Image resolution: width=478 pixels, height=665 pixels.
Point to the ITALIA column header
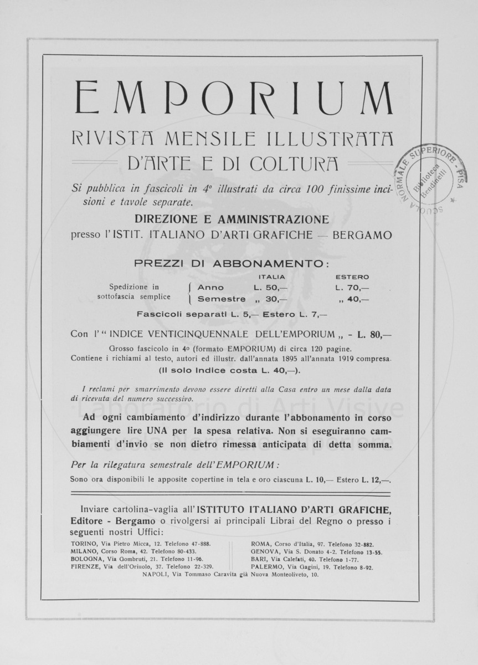coord(272,277)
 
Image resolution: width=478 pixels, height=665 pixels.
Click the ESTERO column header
coord(352,277)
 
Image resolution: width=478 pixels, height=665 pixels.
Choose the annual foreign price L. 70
coord(352,288)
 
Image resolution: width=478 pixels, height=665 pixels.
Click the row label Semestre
coord(222,299)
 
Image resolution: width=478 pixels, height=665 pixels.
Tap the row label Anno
coord(211,288)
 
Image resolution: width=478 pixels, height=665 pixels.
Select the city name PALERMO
coord(266,567)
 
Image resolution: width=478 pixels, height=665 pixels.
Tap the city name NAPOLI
coord(156,575)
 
